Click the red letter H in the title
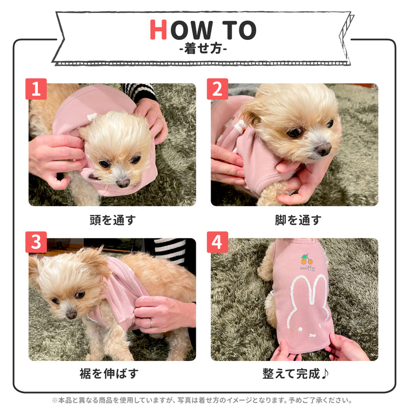158,30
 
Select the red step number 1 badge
36,89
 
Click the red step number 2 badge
217,89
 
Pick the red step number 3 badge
36,242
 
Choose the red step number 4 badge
217,242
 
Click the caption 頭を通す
112,220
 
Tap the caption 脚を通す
298,220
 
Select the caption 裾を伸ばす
109,373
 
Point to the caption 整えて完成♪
296,373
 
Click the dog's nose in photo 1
123,183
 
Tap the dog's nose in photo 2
324,149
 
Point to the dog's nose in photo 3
71,315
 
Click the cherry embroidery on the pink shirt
306,260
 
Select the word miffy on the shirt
308,268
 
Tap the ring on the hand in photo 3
151,324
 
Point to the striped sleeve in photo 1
140,93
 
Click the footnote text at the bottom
202,400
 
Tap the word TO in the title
239,30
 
